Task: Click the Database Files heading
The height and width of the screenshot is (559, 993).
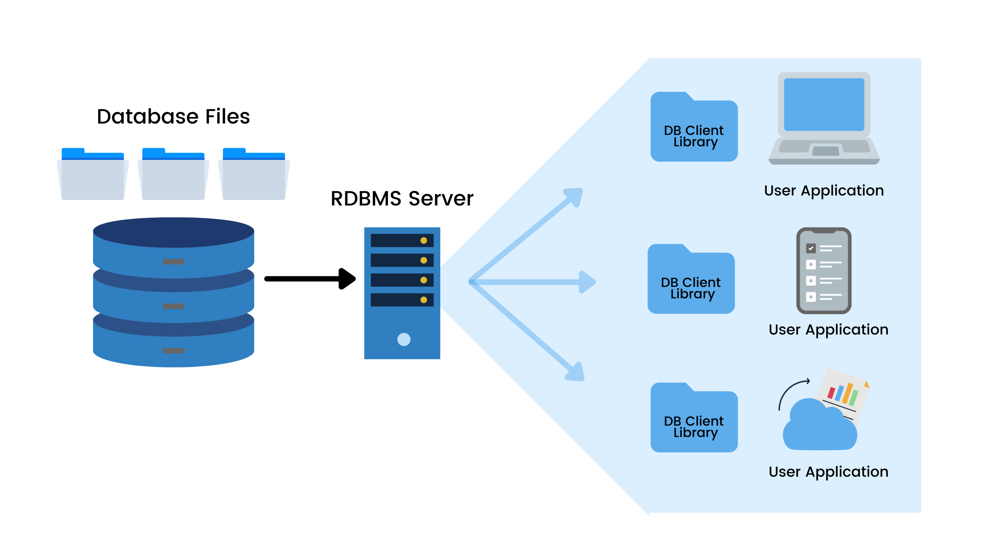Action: point(173,116)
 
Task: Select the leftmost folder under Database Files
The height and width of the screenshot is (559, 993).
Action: point(93,177)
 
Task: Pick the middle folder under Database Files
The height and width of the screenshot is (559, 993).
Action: point(173,177)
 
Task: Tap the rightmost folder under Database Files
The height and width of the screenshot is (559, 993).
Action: point(254,177)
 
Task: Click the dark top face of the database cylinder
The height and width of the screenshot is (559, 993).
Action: point(173,232)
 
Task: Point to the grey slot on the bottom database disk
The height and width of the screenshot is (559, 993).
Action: point(173,351)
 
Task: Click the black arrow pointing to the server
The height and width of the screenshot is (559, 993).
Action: point(310,279)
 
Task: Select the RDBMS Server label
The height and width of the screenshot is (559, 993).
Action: point(402,199)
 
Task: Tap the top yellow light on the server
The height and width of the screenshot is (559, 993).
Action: point(424,241)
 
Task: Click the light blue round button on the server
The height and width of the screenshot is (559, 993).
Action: point(404,339)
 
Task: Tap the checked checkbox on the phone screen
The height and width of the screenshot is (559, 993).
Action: point(811,248)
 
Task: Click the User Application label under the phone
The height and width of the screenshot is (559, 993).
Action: point(828,330)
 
